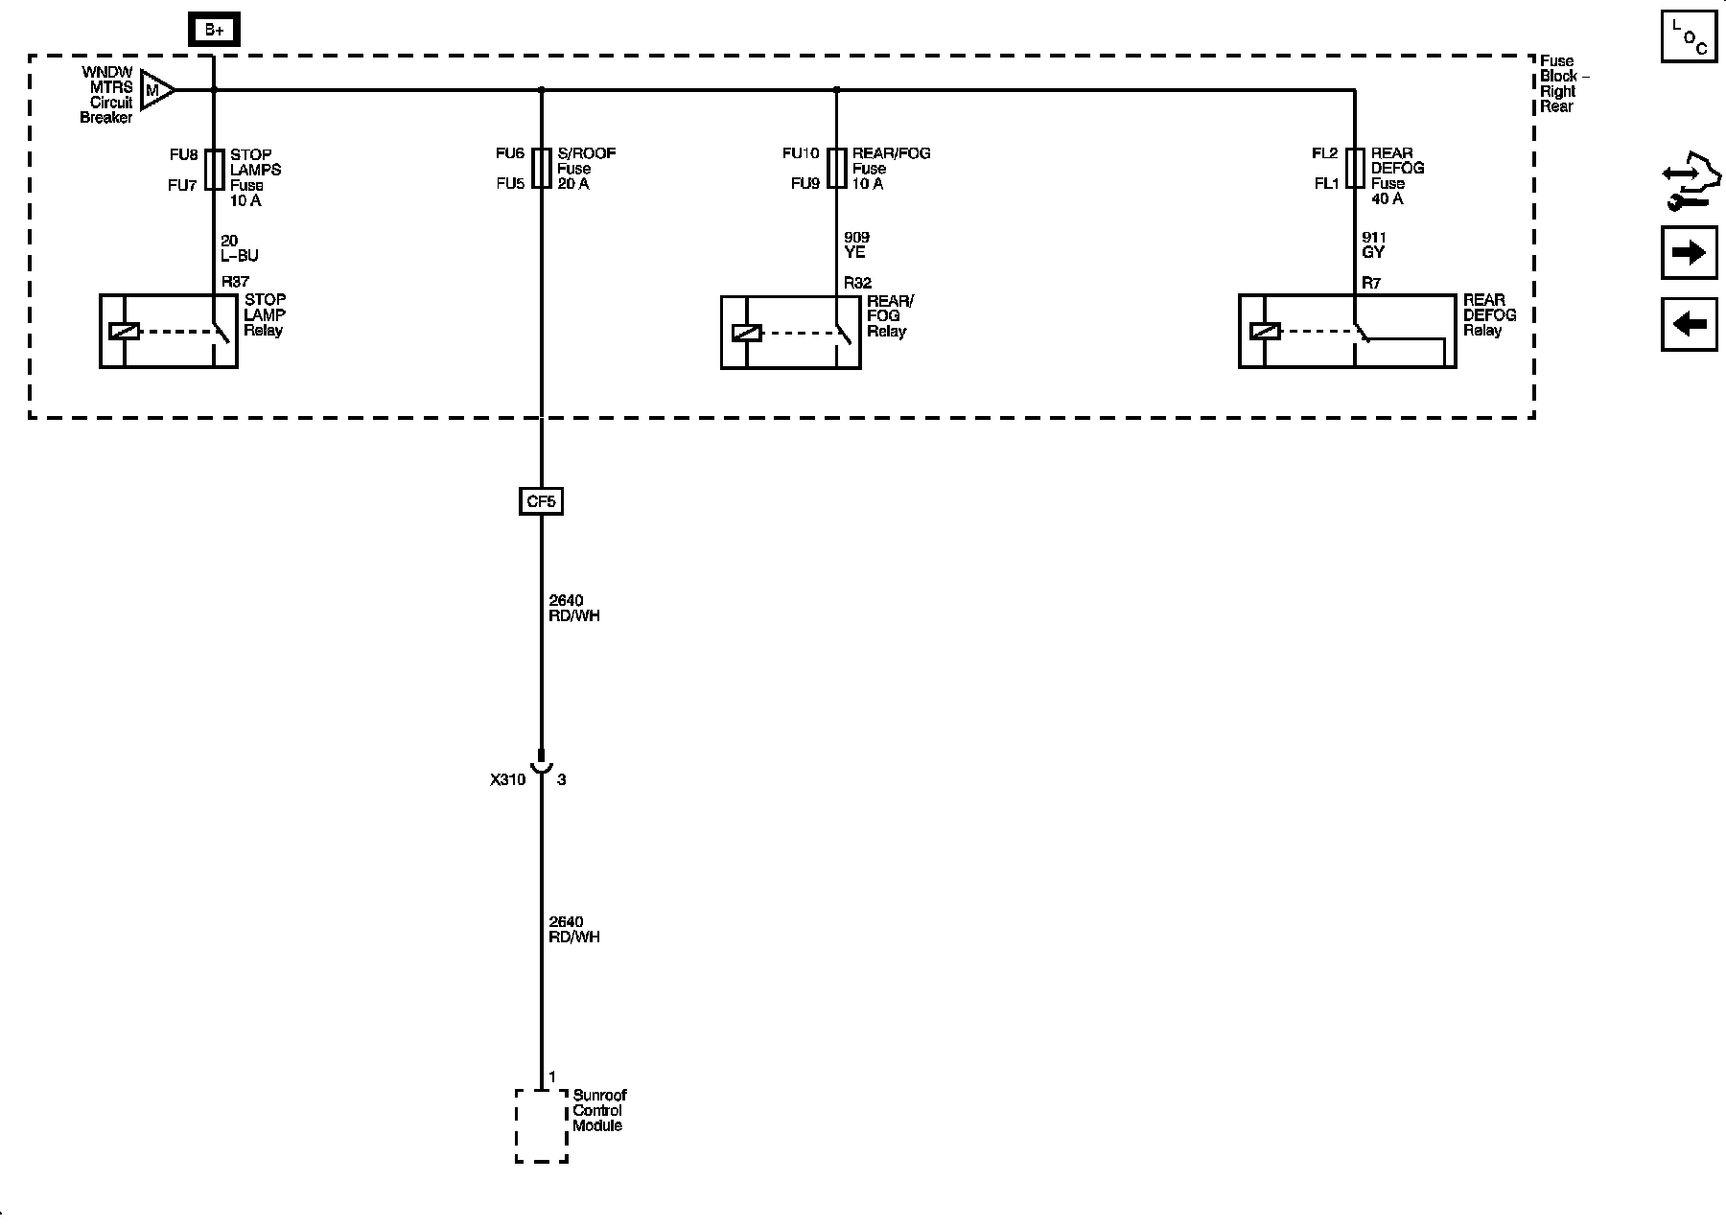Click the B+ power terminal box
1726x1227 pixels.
(x=214, y=31)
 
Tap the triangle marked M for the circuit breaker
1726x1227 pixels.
(x=154, y=90)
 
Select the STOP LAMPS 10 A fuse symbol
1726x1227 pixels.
(x=215, y=170)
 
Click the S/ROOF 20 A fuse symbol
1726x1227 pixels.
(x=542, y=168)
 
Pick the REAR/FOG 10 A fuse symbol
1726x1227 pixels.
(x=836, y=168)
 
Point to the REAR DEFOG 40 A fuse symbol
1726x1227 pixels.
(x=1354, y=168)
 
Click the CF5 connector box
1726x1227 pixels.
(x=541, y=501)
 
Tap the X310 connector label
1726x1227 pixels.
(x=507, y=780)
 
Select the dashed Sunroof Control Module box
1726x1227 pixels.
(x=542, y=1125)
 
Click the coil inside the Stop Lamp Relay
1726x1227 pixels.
(x=125, y=332)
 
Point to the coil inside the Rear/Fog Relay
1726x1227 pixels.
(x=746, y=333)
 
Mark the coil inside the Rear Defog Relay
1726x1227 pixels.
(x=1265, y=332)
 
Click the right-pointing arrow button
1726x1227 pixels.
(x=1689, y=253)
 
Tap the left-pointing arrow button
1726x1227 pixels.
(x=1689, y=324)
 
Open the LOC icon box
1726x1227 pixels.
(x=1689, y=37)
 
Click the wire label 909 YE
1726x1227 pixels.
(x=855, y=245)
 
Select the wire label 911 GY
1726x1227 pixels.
(x=1374, y=245)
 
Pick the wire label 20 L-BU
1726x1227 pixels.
(x=239, y=248)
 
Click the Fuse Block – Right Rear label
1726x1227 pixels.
(x=1563, y=83)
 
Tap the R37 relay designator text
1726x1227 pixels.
(x=235, y=282)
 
